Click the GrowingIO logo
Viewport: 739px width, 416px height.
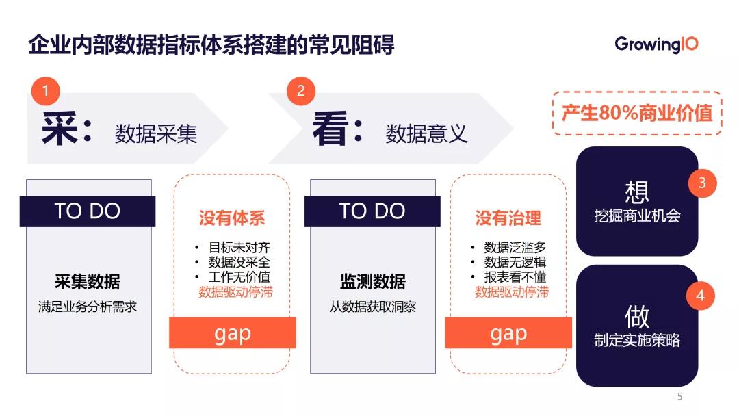coord(656,44)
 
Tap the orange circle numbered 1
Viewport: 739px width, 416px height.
coord(46,91)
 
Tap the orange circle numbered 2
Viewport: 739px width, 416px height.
coord(301,91)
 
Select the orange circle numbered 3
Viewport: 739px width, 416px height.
coord(701,183)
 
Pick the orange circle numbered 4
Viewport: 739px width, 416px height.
coord(700,296)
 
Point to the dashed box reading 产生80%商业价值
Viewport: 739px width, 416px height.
coord(637,113)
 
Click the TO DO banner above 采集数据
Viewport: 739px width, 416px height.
coord(88,211)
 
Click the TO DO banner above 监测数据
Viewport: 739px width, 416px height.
coord(372,211)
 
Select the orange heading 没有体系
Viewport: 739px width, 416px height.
coord(232,218)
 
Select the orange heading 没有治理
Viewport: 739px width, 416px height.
coord(508,218)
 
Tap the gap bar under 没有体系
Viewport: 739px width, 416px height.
coord(233,333)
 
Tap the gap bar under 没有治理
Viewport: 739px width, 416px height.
coord(508,333)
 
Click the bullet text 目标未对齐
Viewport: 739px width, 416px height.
coord(239,247)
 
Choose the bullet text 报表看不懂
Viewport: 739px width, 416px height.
coord(515,277)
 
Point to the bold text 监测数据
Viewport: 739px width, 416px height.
coord(373,281)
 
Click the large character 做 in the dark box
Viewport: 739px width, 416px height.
coord(637,316)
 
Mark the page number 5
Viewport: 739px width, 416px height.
coord(679,397)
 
